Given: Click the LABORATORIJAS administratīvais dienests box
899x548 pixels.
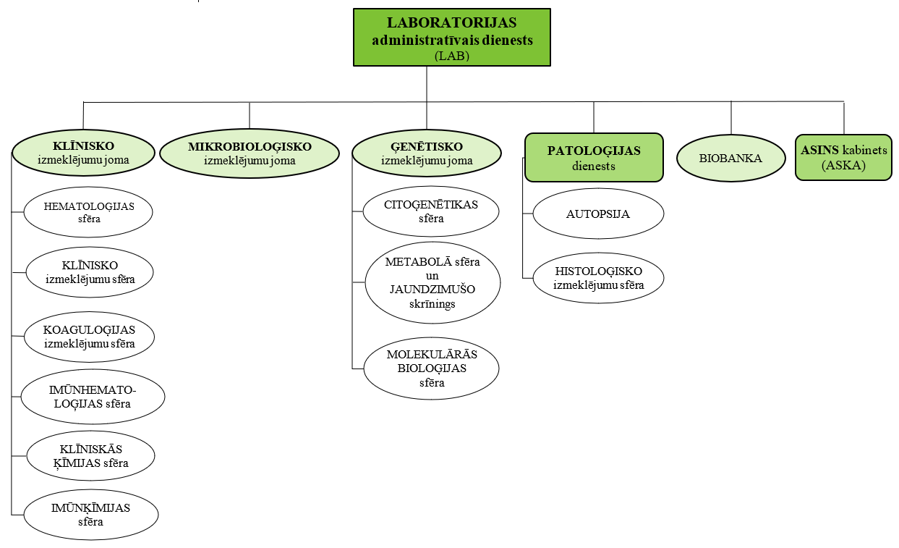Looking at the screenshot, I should tap(452, 38).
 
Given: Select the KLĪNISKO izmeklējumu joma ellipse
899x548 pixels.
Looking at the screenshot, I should tap(84, 153).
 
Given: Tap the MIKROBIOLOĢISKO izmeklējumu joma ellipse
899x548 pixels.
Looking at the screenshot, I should tap(250, 153).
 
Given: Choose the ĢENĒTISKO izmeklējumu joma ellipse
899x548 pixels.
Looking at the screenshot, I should tap(426, 153).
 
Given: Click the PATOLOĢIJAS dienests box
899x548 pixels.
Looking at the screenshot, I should tap(594, 158).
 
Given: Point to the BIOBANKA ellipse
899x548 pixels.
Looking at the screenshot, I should tap(730, 159).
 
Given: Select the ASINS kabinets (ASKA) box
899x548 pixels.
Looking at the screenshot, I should tap(843, 157).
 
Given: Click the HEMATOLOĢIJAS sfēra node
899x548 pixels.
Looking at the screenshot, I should tap(90, 213).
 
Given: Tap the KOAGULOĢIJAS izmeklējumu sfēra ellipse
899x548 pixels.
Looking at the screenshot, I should tap(90, 337).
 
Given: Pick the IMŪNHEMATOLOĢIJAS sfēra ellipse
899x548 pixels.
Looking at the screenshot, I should tap(93, 397).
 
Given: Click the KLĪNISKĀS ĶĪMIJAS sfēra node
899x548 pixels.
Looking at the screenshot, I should tap(90, 456).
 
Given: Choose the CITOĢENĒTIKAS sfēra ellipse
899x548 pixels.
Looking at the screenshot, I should tap(431, 211).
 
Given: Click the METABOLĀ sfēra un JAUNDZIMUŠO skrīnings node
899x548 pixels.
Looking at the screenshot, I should tap(432, 282).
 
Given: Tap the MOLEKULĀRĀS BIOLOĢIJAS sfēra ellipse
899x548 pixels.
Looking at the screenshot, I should tap(432, 368).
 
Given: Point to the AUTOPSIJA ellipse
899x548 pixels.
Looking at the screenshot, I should tap(598, 214).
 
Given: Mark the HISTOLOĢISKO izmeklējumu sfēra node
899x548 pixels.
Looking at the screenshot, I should tap(598, 278).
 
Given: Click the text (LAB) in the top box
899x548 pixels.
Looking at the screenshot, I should tap(452, 55).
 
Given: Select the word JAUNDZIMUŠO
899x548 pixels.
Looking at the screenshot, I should tap(432, 290).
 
